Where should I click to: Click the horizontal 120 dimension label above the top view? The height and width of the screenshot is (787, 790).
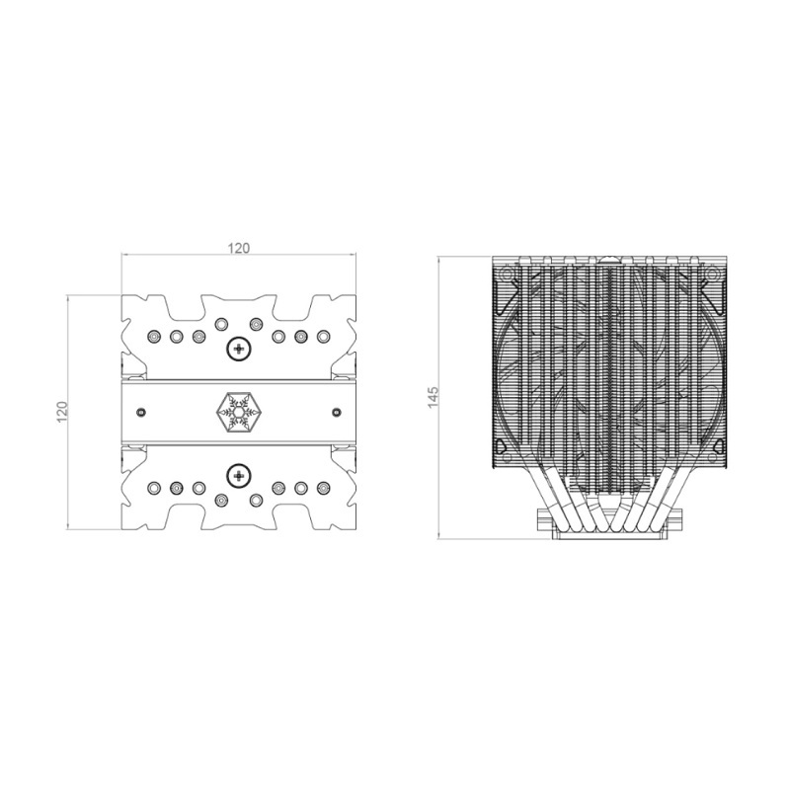(x=239, y=248)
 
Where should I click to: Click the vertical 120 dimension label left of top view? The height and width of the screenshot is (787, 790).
(x=61, y=412)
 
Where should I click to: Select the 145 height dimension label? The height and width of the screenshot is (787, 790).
(x=434, y=397)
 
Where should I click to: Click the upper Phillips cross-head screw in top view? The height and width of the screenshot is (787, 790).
(x=238, y=349)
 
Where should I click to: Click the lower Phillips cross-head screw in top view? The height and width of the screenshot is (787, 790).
(x=238, y=475)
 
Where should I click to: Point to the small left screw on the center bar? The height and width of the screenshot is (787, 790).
(x=141, y=412)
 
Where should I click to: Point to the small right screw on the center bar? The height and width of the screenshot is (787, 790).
(x=336, y=412)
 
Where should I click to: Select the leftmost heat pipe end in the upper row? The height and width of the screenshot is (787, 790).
(x=154, y=336)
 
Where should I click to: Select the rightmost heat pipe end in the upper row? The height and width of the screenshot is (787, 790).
(x=323, y=336)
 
